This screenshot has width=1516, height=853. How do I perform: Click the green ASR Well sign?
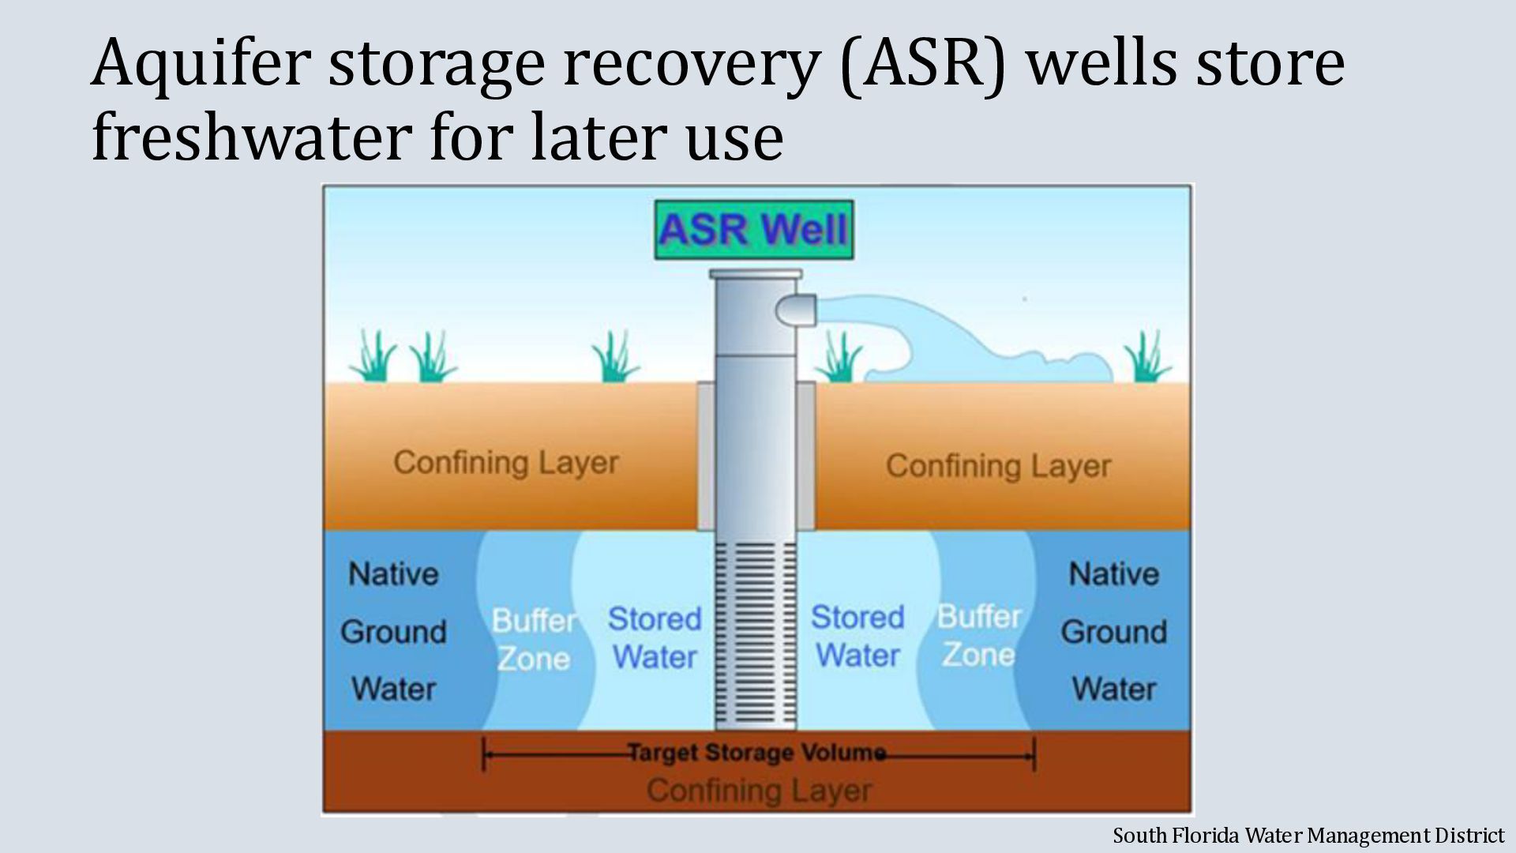tap(754, 230)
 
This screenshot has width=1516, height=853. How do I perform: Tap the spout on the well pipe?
tap(797, 309)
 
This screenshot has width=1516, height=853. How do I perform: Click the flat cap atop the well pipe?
tap(756, 275)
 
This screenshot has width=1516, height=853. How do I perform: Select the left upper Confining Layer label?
tap(505, 463)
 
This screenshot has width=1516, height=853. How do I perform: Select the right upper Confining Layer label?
tap(998, 466)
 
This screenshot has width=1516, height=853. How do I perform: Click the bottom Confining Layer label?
tap(759, 790)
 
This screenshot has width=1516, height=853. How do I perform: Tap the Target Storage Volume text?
tap(756, 752)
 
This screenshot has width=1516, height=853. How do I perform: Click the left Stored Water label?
tap(655, 637)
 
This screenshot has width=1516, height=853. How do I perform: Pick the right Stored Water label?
tap(857, 636)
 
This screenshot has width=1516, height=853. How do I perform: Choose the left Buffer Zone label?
tap(534, 639)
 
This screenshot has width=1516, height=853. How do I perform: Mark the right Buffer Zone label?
tap(979, 635)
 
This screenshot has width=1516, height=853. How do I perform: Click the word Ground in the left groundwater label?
tap(393, 632)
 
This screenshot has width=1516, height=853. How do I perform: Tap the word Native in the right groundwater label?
tap(1113, 573)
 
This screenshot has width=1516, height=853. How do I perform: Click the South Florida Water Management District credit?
tap(1308, 835)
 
